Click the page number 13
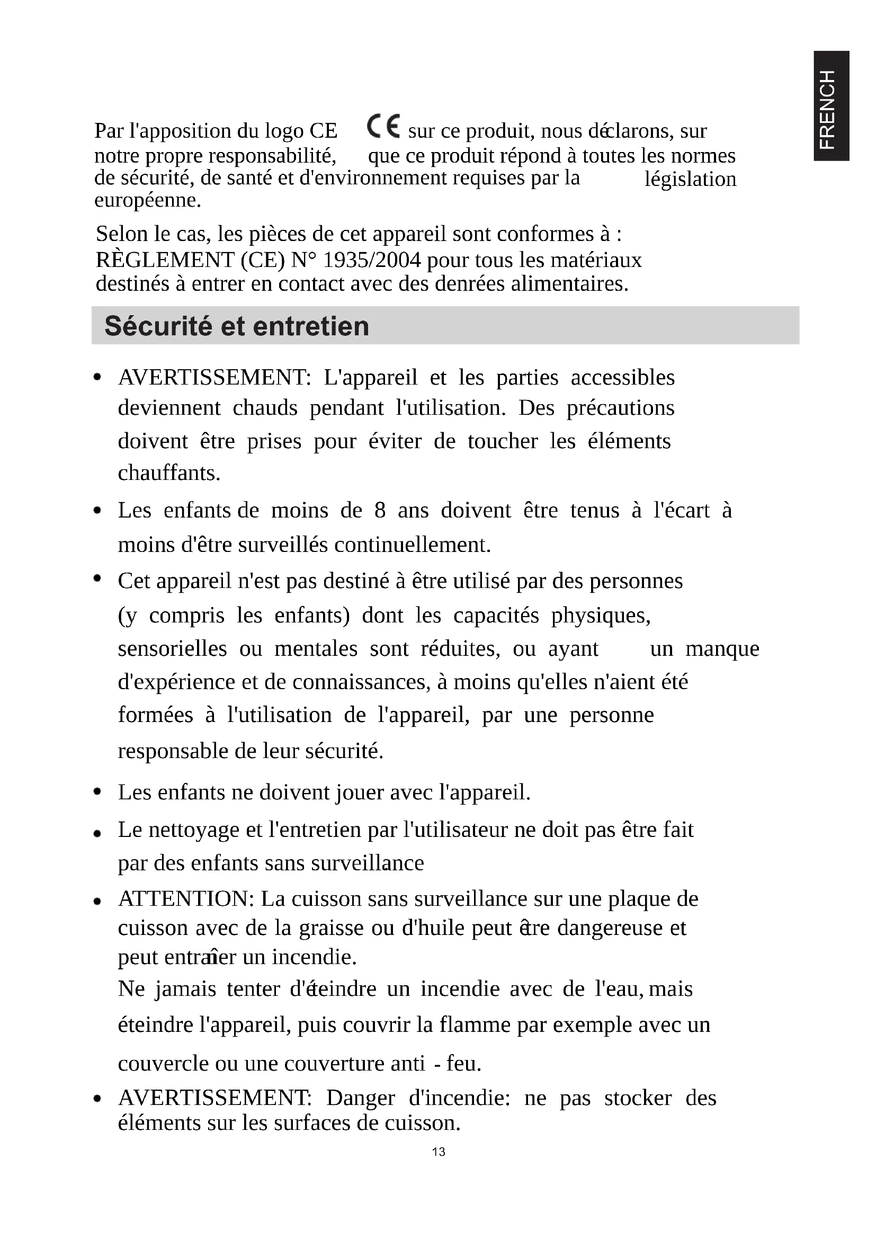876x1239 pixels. pos(439,1152)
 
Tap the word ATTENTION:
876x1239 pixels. pos(186,899)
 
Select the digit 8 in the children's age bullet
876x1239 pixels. pos(380,510)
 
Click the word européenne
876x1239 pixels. pos(148,200)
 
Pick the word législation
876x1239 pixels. pos(690,179)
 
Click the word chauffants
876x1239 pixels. pos(169,473)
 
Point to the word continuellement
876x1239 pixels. pos(413,545)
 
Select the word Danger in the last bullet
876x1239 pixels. pos(360,1098)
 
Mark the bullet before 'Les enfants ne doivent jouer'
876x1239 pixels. pos(97,791)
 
